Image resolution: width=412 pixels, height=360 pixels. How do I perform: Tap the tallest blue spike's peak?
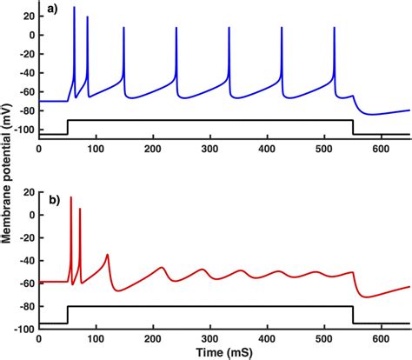(x=74, y=7)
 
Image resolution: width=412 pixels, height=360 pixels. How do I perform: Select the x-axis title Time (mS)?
(x=224, y=352)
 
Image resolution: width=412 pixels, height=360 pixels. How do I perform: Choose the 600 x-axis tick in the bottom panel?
(x=381, y=337)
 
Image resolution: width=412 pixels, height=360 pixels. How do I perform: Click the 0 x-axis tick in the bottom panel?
(x=39, y=337)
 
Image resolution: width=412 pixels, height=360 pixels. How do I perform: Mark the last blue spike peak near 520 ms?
(x=335, y=28)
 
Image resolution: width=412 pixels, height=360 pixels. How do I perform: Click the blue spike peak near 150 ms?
(x=123, y=28)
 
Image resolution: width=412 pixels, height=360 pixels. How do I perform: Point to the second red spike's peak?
(x=80, y=209)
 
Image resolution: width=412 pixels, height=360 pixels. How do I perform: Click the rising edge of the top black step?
(x=68, y=127)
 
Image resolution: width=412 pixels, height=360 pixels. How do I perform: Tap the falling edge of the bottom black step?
(x=353, y=314)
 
